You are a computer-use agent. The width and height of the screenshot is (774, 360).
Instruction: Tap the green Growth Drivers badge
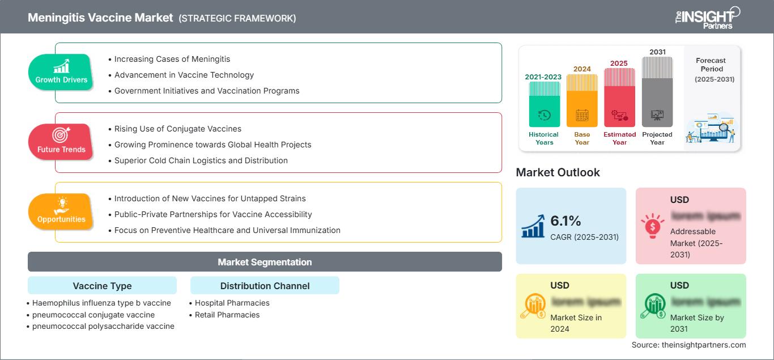point(61,71)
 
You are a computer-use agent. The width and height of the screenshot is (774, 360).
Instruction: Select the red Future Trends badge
point(61,141)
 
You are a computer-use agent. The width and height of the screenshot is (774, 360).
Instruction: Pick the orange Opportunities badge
point(61,211)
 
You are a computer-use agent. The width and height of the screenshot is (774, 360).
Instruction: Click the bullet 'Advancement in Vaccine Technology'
point(184,75)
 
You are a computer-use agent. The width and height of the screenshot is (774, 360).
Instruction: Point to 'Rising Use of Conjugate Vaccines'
point(177,129)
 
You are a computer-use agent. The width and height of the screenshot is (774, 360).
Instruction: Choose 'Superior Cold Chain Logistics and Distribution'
point(201,160)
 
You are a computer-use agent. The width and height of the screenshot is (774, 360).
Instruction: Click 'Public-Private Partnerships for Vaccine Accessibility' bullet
point(213,214)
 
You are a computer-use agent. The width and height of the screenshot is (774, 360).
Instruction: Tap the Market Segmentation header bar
point(265,262)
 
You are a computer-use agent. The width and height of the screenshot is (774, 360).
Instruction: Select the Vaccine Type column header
point(102,286)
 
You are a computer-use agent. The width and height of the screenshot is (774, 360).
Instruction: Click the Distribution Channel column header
point(265,286)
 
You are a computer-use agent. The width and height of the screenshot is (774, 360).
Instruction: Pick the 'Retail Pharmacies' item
point(227,315)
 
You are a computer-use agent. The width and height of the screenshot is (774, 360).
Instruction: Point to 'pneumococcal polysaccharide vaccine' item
point(103,326)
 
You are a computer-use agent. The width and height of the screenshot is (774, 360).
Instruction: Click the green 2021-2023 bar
point(544,104)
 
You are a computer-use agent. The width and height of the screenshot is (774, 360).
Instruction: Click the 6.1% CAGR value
point(565,221)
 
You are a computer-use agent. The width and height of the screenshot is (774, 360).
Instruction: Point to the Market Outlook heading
point(558,172)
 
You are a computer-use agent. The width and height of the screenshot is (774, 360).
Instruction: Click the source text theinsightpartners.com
point(688,345)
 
